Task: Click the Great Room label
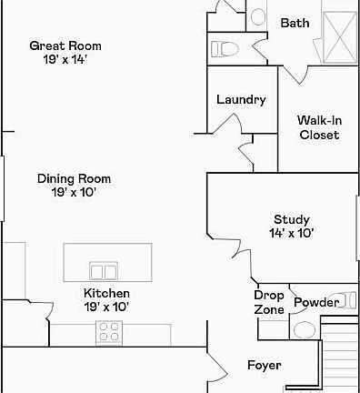tap(65, 45)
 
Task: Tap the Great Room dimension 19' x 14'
tap(65, 60)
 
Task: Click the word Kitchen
tap(106, 293)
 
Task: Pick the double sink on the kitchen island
tap(104, 271)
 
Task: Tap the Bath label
tap(295, 23)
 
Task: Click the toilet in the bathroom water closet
tap(226, 48)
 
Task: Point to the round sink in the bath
tap(256, 16)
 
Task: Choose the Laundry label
tap(241, 100)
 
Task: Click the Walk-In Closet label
tap(319, 127)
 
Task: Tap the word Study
tap(292, 219)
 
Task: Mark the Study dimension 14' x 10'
tap(292, 233)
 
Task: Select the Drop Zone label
tap(269, 303)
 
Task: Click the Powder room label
tap(317, 302)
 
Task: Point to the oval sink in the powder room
tap(305, 329)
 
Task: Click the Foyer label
tap(265, 366)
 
